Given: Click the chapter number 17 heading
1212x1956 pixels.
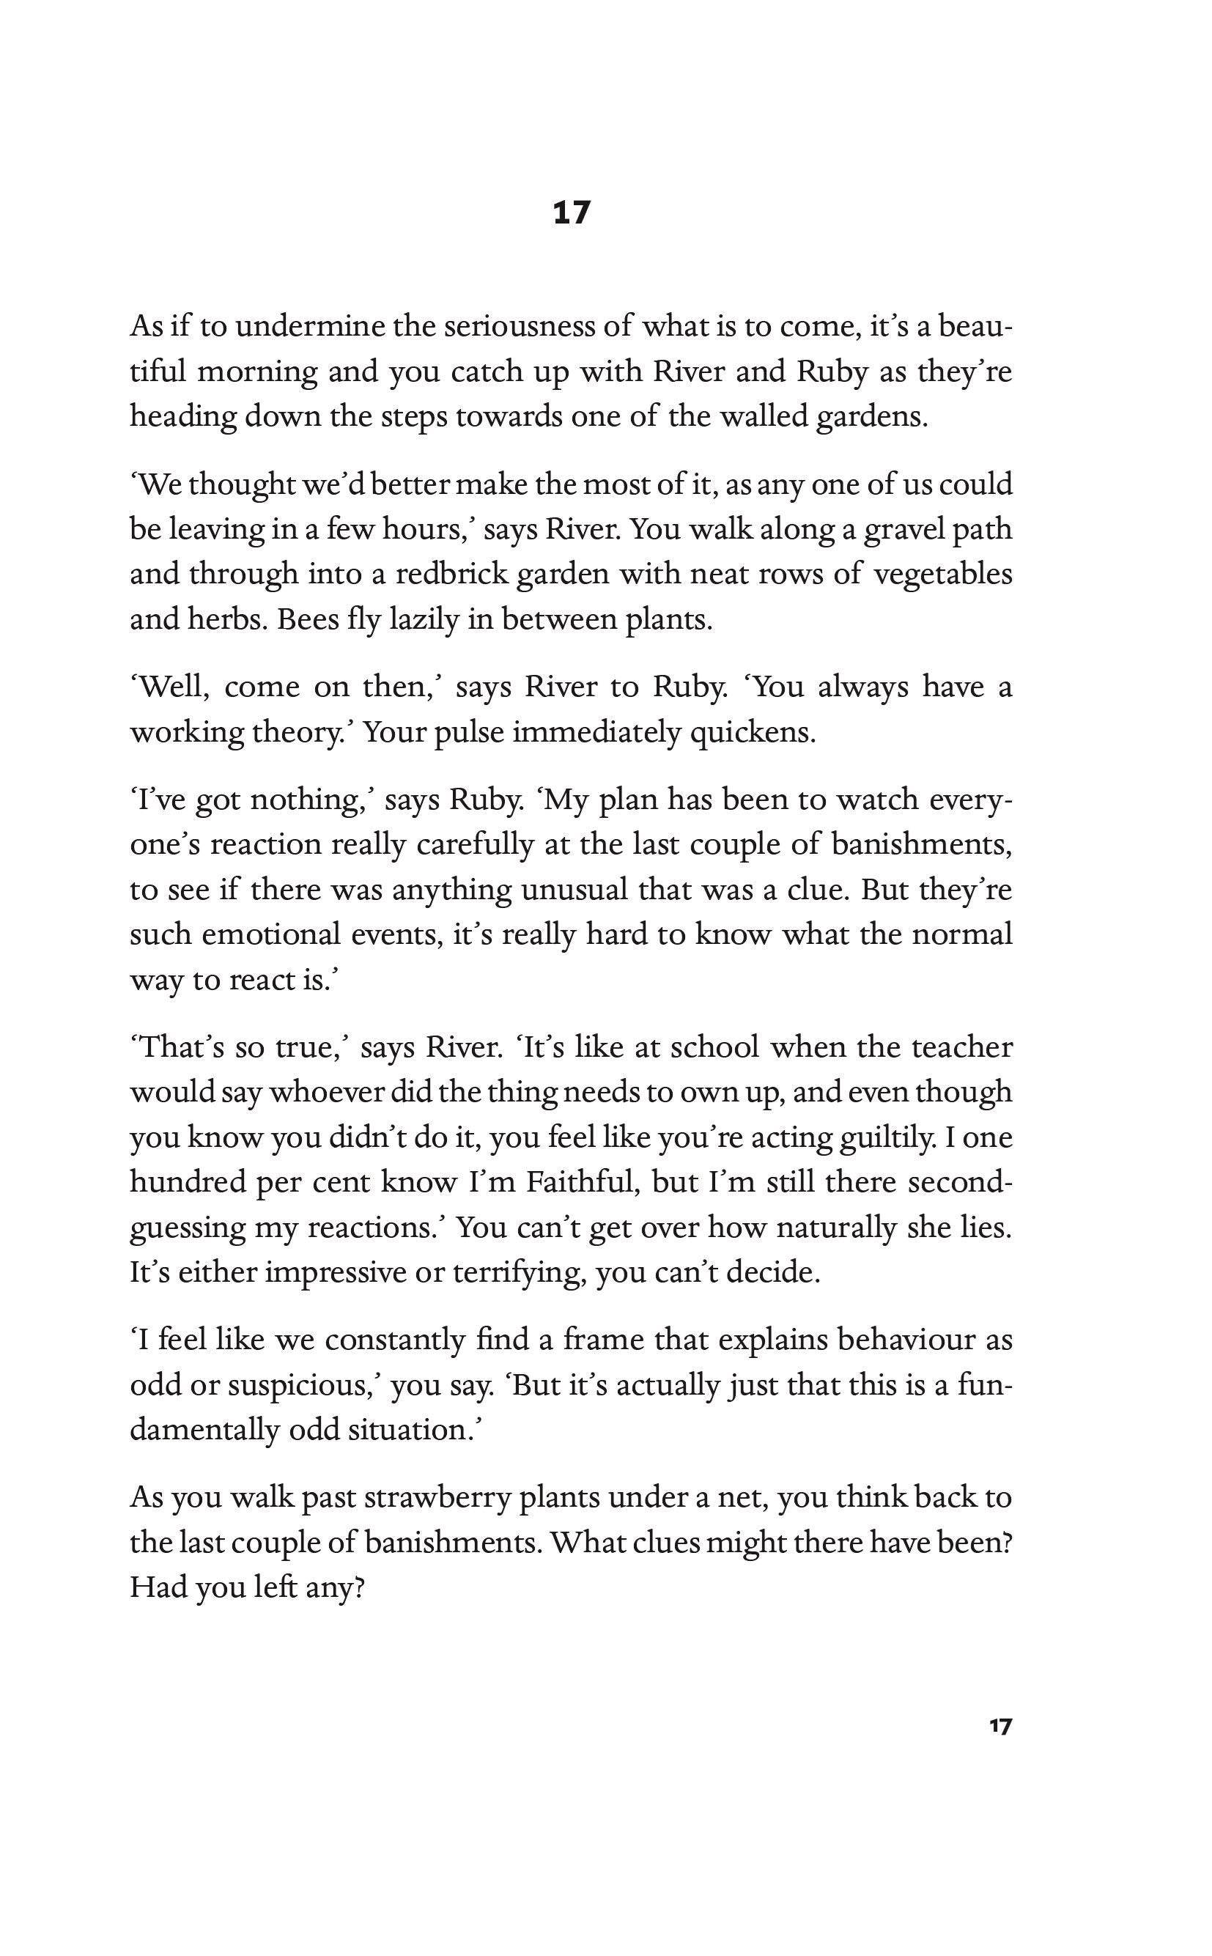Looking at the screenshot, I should [x=572, y=213].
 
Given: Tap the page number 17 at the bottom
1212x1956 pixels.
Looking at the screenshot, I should [x=1000, y=1726].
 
